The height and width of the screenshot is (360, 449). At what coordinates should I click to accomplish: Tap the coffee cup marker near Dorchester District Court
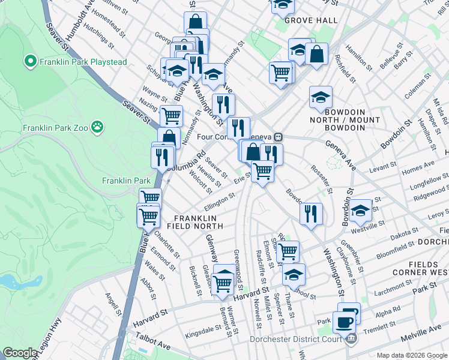click(x=344, y=322)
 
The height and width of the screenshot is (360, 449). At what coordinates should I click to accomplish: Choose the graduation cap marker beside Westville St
click(x=361, y=211)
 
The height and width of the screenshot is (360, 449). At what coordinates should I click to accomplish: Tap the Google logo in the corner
click(x=20, y=353)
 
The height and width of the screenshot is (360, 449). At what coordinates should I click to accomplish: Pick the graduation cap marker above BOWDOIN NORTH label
click(x=321, y=97)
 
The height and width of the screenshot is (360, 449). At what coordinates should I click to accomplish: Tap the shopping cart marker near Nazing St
click(x=172, y=115)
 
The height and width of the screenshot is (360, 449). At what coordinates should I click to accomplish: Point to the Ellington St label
click(x=220, y=198)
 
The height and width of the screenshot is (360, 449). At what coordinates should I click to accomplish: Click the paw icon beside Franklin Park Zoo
click(x=97, y=128)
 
